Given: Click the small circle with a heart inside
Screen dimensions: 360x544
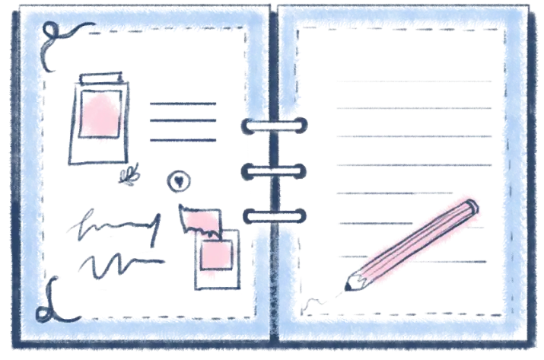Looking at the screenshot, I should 179,181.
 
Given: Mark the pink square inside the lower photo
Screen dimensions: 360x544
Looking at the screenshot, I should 215,255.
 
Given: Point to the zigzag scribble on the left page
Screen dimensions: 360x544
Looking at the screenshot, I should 114,263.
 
